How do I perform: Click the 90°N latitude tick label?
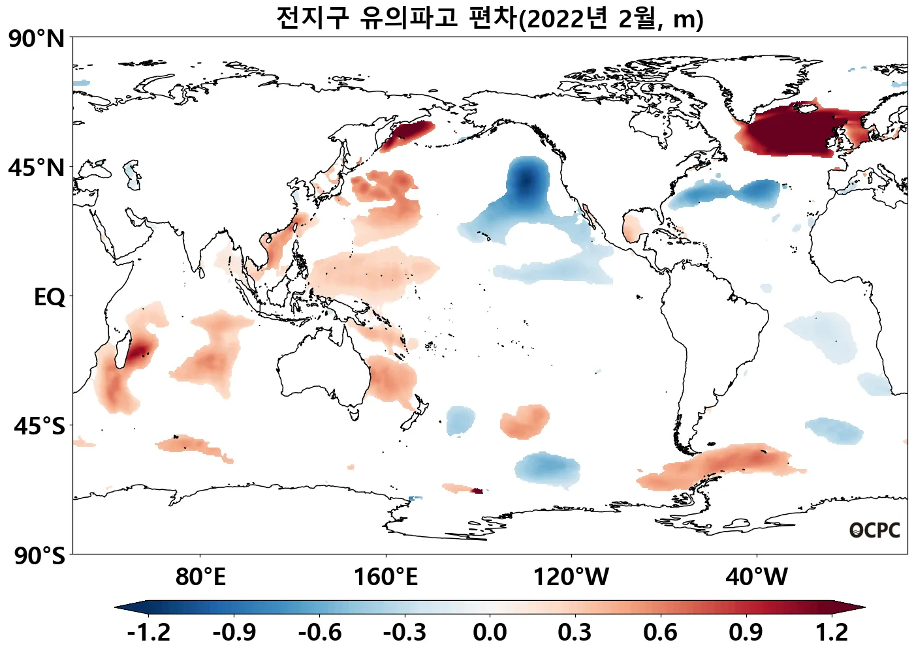(37, 39)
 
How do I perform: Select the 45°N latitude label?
(37, 168)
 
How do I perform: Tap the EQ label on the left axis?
(50, 297)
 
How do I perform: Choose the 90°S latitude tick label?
(39, 556)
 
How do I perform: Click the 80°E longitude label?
(200, 577)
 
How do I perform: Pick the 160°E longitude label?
(385, 577)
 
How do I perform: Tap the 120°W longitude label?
(571, 577)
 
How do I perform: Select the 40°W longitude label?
(757, 577)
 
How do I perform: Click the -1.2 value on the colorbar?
(149, 632)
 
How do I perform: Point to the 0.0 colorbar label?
(490, 632)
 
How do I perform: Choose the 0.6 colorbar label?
(660, 632)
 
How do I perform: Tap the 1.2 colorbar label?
(832, 632)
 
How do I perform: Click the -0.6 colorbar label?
(319, 632)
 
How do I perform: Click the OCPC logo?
(874, 530)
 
